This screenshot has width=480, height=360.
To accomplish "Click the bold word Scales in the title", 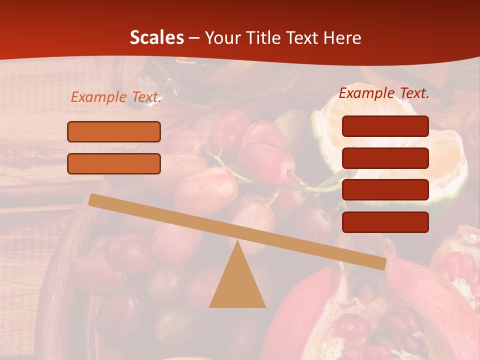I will pyautogui.click(x=156, y=37).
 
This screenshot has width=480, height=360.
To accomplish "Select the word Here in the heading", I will pyautogui.click(x=342, y=37).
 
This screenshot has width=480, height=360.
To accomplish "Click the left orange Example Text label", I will pyautogui.click(x=116, y=97).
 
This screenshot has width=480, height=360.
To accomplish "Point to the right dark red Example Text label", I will pyautogui.click(x=384, y=93).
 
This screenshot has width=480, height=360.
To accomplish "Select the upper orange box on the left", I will pyautogui.click(x=114, y=131).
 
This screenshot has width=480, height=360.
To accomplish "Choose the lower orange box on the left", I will pyautogui.click(x=114, y=163).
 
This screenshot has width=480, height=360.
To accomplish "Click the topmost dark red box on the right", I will pyautogui.click(x=385, y=126).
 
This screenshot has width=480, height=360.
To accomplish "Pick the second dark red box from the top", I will pyautogui.click(x=385, y=158).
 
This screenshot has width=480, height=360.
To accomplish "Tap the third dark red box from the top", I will pyautogui.click(x=385, y=190).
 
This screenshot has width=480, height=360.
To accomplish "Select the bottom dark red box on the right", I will pyautogui.click(x=385, y=222).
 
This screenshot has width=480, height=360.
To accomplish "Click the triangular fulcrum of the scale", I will pyautogui.click(x=237, y=280).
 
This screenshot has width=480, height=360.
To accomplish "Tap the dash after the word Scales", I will pyautogui.click(x=194, y=38).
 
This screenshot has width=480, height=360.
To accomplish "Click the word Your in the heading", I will pyautogui.click(x=220, y=38).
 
